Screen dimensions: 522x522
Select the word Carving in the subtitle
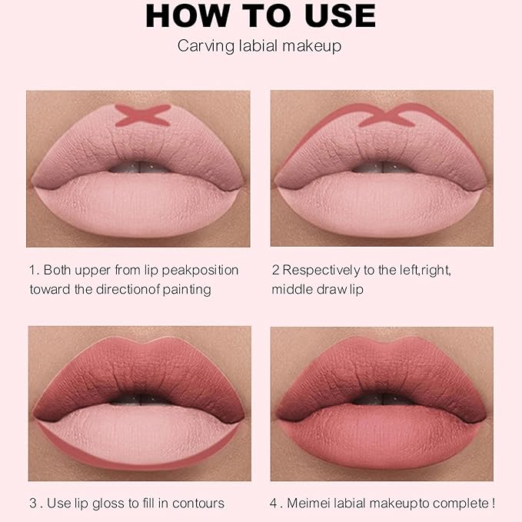tap(202, 46)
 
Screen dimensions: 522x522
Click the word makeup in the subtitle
tap(314, 46)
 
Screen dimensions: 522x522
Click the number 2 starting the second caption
tap(275, 270)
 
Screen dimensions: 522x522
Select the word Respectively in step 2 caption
tap(317, 270)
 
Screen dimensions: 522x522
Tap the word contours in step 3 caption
tap(200, 504)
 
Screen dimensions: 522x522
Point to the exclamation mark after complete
tap(493, 504)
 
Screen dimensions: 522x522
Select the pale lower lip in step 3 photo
tap(138, 434)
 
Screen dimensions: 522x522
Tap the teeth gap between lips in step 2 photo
tap(381, 167)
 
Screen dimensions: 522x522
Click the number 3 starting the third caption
tap(33, 504)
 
